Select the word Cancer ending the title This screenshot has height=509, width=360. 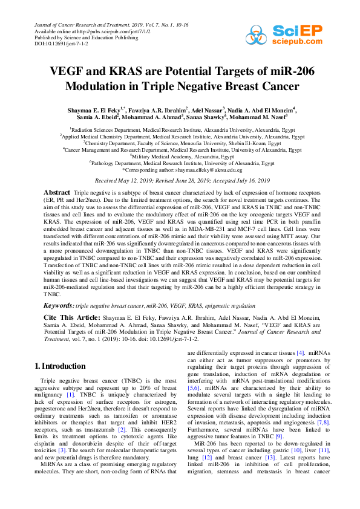tap(277, 86)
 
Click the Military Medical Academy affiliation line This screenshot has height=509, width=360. tap(180, 156)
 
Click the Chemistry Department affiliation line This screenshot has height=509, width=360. tap(180, 144)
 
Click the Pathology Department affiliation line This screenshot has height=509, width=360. tap(180, 163)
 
